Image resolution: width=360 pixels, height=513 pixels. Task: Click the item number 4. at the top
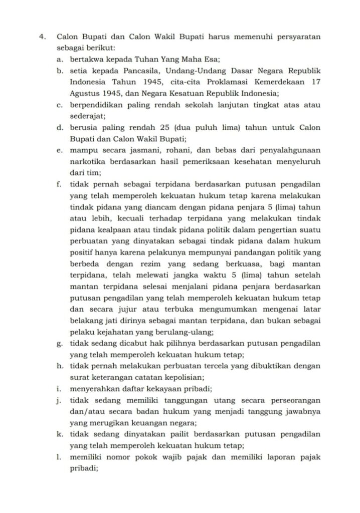point(45,37)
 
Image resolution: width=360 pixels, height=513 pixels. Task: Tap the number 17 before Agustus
point(315,82)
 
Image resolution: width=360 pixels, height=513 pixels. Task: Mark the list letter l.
point(59,457)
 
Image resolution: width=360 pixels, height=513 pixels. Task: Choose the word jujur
point(127,309)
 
